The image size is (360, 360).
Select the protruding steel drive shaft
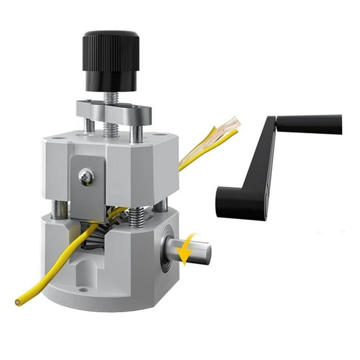197,251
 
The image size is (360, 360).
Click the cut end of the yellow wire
18,302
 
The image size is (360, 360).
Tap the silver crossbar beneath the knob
115,112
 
